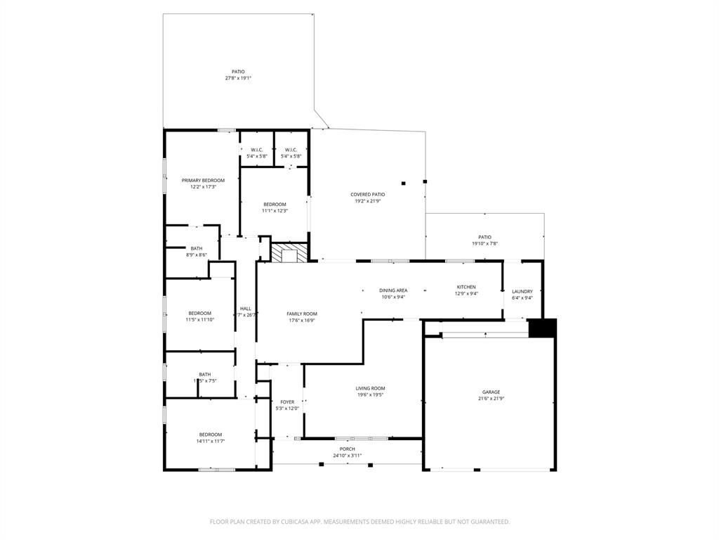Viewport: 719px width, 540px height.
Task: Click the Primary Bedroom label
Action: pyautogui.click(x=203, y=181)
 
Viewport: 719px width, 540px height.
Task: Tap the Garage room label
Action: pyautogui.click(x=491, y=392)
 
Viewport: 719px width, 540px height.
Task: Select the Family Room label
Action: pyautogui.click(x=301, y=314)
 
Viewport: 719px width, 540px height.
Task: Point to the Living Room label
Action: pyautogui.click(x=370, y=388)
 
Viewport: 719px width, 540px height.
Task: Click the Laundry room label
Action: pyautogui.click(x=522, y=291)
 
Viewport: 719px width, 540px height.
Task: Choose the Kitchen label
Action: pyautogui.click(x=466, y=287)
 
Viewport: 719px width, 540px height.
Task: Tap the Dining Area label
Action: pyautogui.click(x=393, y=290)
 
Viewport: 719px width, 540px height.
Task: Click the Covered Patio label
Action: pyautogui.click(x=368, y=195)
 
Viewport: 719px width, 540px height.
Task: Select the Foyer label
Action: pyautogui.click(x=287, y=401)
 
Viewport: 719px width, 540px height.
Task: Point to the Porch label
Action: pyautogui.click(x=347, y=449)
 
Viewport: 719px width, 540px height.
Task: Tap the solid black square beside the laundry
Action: pyautogui.click(x=542, y=328)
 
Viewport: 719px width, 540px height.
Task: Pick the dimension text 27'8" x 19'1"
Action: pyautogui.click(x=238, y=78)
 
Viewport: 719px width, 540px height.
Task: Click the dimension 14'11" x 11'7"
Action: pyautogui.click(x=210, y=441)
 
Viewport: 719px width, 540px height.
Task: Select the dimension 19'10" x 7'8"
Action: pyautogui.click(x=484, y=243)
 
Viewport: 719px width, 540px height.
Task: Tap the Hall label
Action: pyautogui.click(x=246, y=309)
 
